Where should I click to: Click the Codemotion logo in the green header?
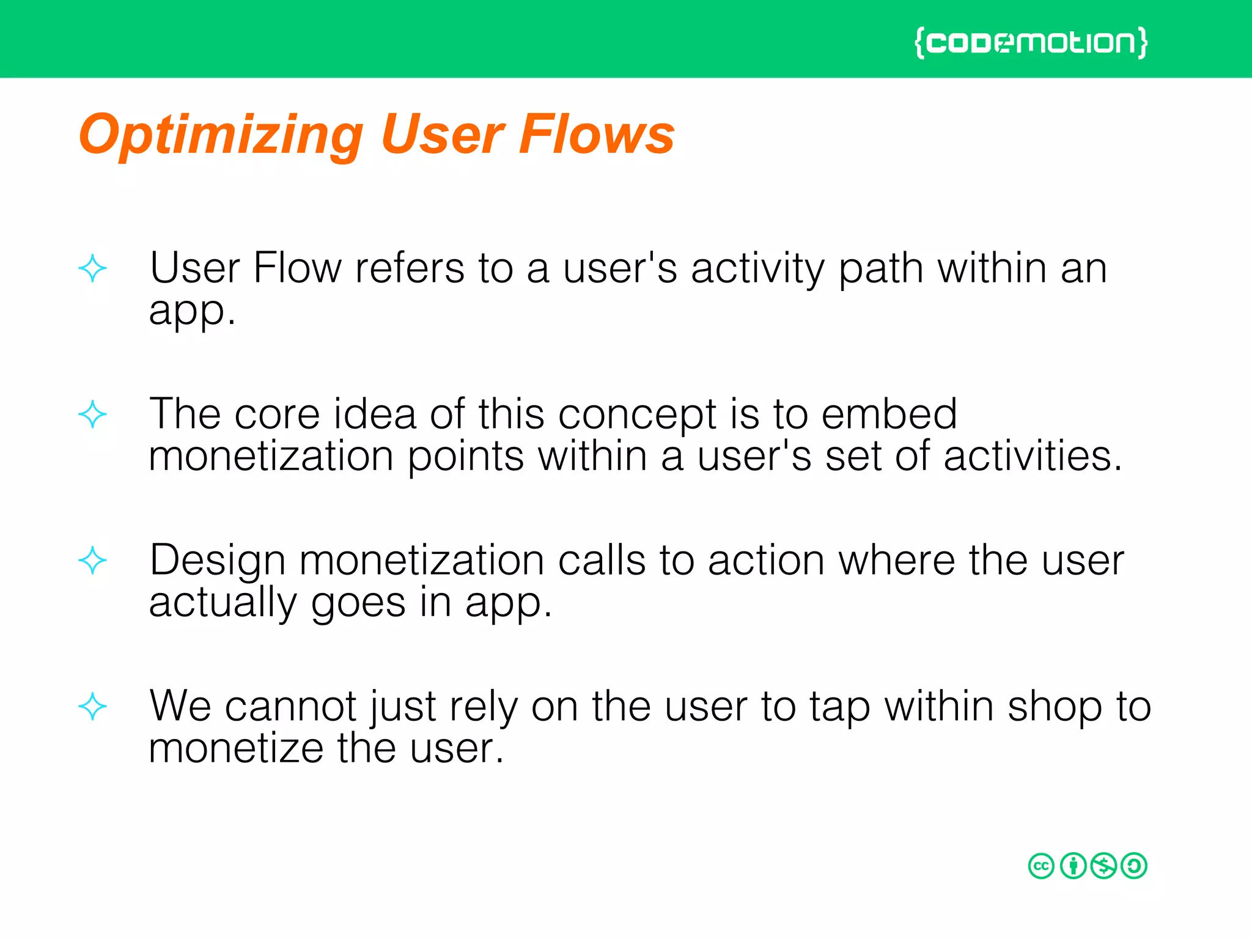point(1031,43)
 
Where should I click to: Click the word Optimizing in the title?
point(221,136)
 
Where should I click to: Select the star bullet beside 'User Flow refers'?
point(92,268)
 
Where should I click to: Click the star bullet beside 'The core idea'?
point(92,414)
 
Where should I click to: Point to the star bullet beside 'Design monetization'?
point(92,561)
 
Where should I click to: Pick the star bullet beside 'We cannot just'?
point(92,707)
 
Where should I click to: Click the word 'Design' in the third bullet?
point(218,561)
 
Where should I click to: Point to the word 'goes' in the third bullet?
point(358,604)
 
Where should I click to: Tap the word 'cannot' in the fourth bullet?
point(290,707)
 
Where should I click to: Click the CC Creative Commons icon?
point(1041,866)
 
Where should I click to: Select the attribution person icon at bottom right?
point(1073,866)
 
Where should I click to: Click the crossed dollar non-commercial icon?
point(1103,866)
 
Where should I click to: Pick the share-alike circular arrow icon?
point(1135,866)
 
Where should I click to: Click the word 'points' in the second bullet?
point(466,458)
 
